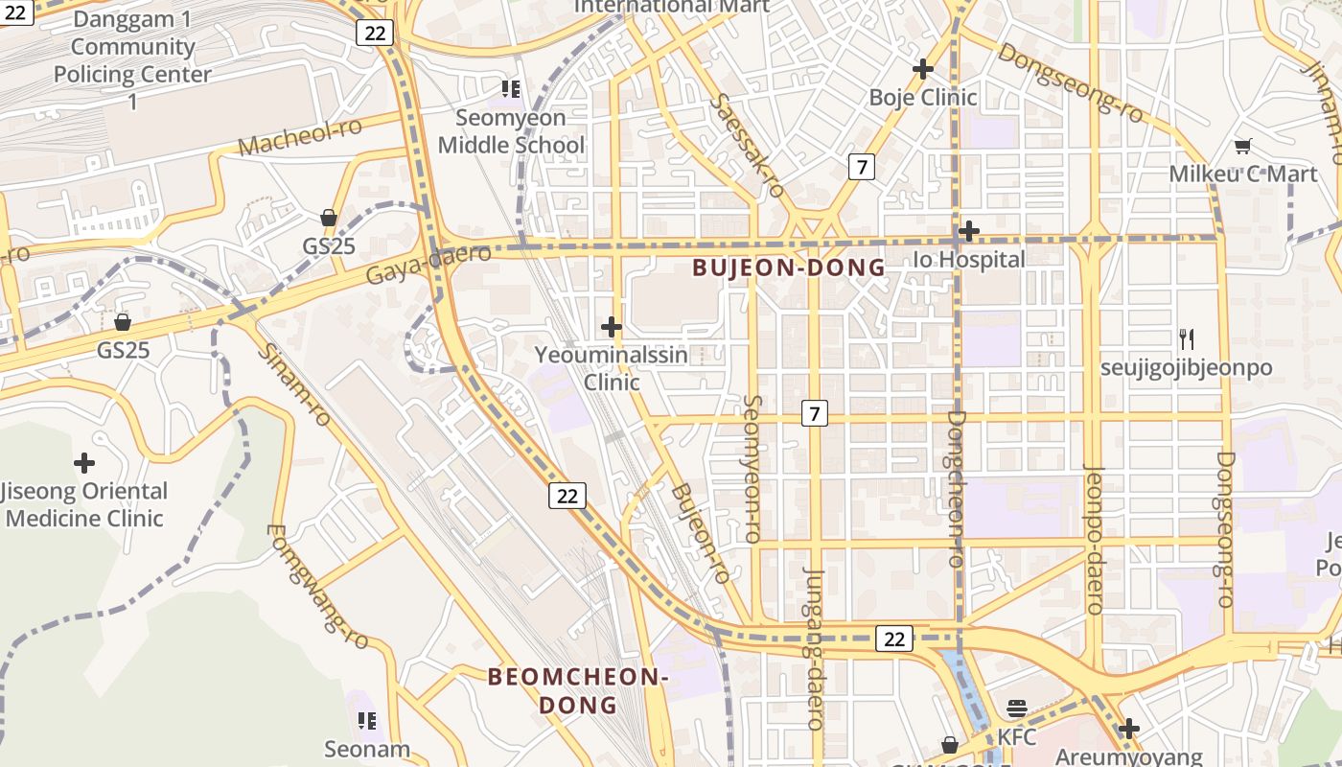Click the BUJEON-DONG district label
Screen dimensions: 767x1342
pos(789,267)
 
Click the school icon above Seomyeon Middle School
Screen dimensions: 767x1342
pos(511,89)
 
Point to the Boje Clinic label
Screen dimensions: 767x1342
pos(923,97)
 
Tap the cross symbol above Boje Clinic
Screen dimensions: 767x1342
pos(923,69)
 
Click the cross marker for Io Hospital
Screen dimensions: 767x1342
pos(969,231)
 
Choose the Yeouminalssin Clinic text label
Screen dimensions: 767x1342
pos(612,368)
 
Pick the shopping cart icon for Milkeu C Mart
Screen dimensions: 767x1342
pos(1243,146)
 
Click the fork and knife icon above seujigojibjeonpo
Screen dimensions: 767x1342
pos(1187,338)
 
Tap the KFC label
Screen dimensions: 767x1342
pos(1017,737)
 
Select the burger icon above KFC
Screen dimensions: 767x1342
pos(1017,709)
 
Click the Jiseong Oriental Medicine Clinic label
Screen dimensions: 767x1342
pos(84,505)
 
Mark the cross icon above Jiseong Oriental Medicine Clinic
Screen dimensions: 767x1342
pos(84,464)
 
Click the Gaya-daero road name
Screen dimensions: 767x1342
pos(428,264)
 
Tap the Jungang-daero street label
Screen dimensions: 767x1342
pos(815,647)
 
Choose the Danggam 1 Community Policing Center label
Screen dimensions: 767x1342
pos(132,60)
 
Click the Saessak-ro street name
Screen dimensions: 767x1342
pos(749,145)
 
